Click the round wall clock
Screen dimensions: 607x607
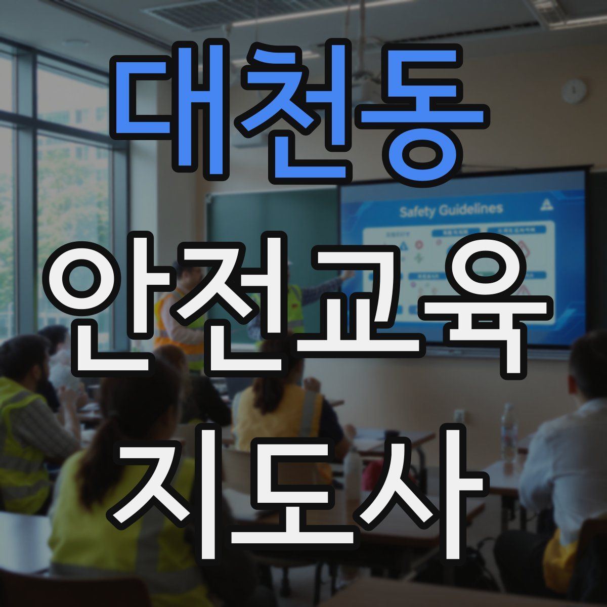[x=574, y=92]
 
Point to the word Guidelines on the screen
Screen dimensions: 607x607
[x=470, y=209]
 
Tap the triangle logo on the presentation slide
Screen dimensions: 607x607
[x=547, y=204]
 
